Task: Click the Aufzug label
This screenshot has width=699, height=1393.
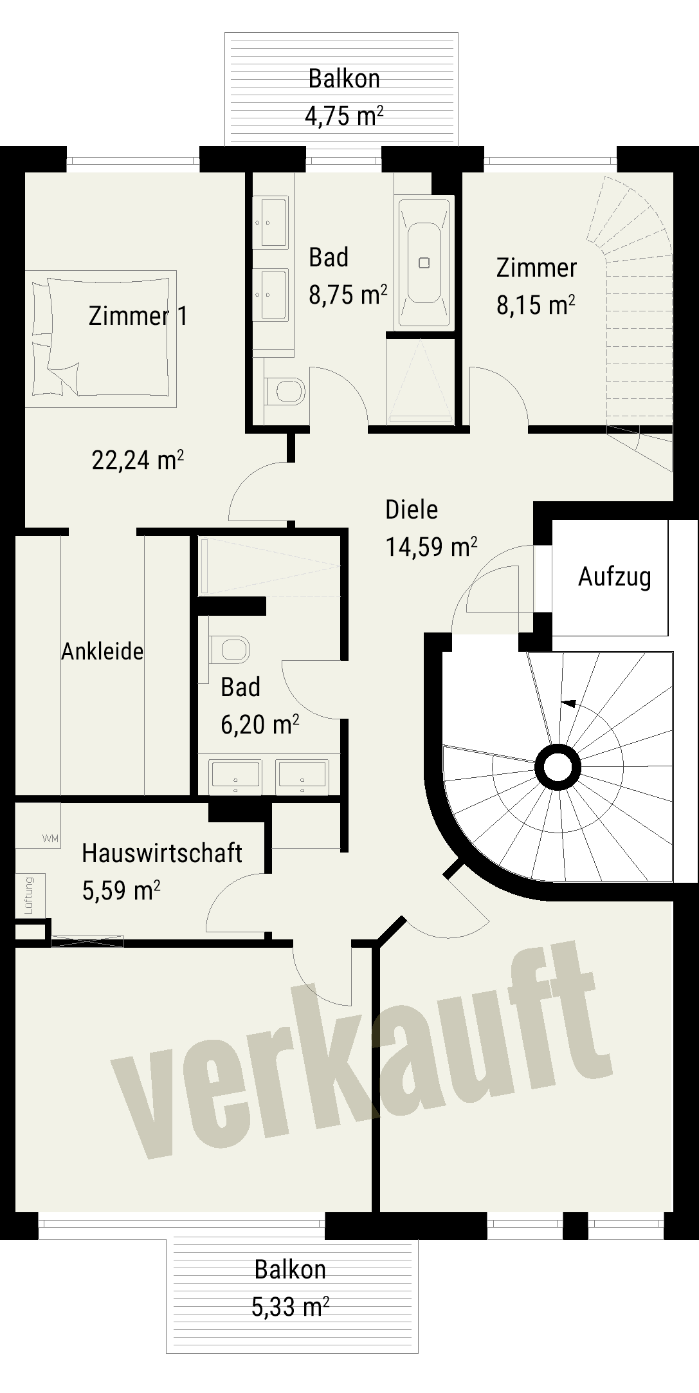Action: coord(614,577)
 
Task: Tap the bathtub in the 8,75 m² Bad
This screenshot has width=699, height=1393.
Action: coord(424,263)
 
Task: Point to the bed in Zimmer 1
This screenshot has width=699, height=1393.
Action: coord(101,338)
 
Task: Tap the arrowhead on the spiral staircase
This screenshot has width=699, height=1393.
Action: coord(568,703)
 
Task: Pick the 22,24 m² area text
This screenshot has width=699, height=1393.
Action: coord(138,460)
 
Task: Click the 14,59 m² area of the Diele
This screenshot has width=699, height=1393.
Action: coord(431,547)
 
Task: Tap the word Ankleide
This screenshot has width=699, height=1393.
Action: coord(102,651)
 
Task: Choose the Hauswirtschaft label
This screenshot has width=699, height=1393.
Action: coord(162,853)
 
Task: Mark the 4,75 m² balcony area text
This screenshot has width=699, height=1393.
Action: coord(344,116)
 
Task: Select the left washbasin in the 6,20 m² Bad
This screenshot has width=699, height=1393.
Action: coord(235,777)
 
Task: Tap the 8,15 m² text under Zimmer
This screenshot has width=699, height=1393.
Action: coord(536,305)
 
